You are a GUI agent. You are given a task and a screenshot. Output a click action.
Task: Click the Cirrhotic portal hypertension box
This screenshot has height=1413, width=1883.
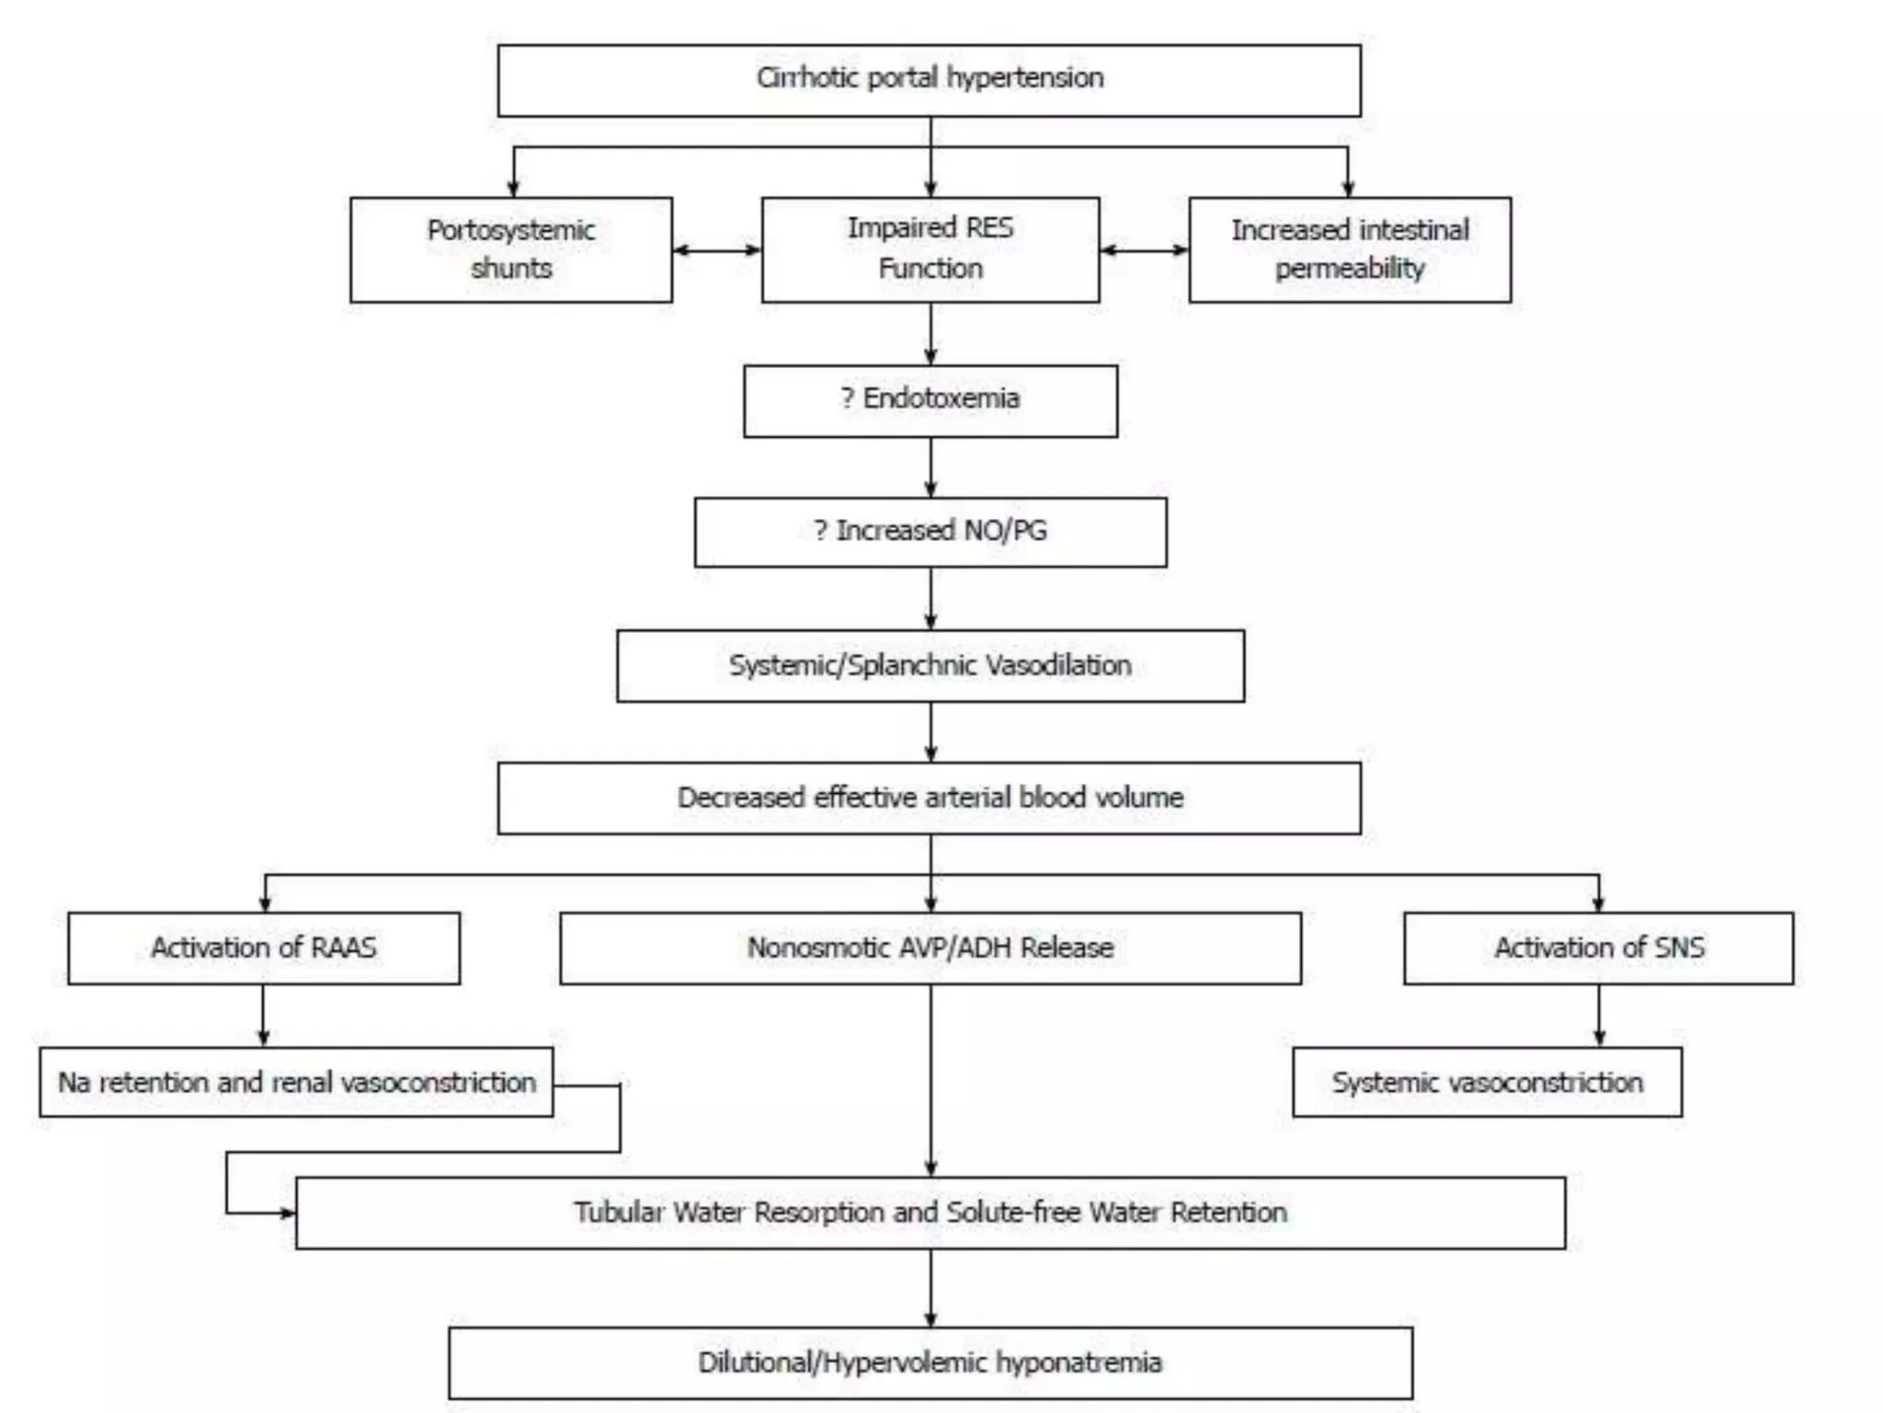coord(929,80)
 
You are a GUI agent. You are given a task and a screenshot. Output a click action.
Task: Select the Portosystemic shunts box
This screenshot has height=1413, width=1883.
coord(511,249)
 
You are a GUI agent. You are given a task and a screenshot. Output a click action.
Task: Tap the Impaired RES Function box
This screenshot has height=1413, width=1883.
coord(930,249)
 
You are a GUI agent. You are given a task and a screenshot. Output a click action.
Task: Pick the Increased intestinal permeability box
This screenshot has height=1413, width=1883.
coord(1349,249)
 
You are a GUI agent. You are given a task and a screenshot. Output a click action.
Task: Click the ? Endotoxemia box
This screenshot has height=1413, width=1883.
coord(930,400)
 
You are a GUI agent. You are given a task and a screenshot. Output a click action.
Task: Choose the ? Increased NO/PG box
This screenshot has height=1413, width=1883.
coord(930,532)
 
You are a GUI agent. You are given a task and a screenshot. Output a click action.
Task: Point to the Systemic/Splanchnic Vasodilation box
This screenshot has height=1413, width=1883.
coord(930,665)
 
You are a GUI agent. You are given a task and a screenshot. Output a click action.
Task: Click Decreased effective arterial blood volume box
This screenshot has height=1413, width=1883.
coord(929,798)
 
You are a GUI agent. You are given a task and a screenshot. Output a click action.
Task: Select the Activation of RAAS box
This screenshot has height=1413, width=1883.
coord(264,948)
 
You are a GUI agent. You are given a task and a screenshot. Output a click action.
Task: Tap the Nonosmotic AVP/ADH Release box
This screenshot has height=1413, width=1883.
coord(930,948)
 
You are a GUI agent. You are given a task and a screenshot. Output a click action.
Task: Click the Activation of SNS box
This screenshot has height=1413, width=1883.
coord(1598,948)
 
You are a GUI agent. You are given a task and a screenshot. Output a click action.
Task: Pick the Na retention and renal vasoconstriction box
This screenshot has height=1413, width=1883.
coord(296,1082)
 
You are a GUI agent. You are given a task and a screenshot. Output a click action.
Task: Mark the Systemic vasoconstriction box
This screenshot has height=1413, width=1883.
coord(1487,1082)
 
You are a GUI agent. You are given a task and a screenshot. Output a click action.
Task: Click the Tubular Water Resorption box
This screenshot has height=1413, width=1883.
coord(930,1212)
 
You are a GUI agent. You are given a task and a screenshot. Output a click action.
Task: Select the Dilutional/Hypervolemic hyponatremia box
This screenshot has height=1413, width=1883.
coord(930,1362)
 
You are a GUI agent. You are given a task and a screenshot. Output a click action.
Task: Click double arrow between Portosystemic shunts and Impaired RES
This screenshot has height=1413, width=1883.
coord(717,249)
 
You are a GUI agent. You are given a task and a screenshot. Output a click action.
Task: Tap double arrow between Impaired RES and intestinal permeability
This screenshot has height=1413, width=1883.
coord(1144,249)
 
